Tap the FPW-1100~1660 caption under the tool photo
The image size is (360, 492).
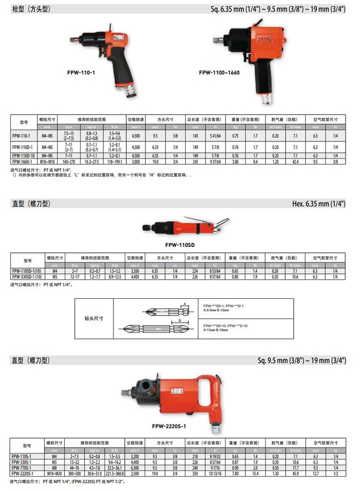[219, 73]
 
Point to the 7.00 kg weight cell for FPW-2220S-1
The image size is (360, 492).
[235, 473]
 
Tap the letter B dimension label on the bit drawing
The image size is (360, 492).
[179, 320]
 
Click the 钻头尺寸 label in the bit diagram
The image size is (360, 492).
[94, 318]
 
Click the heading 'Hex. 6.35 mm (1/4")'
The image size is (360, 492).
[319, 204]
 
